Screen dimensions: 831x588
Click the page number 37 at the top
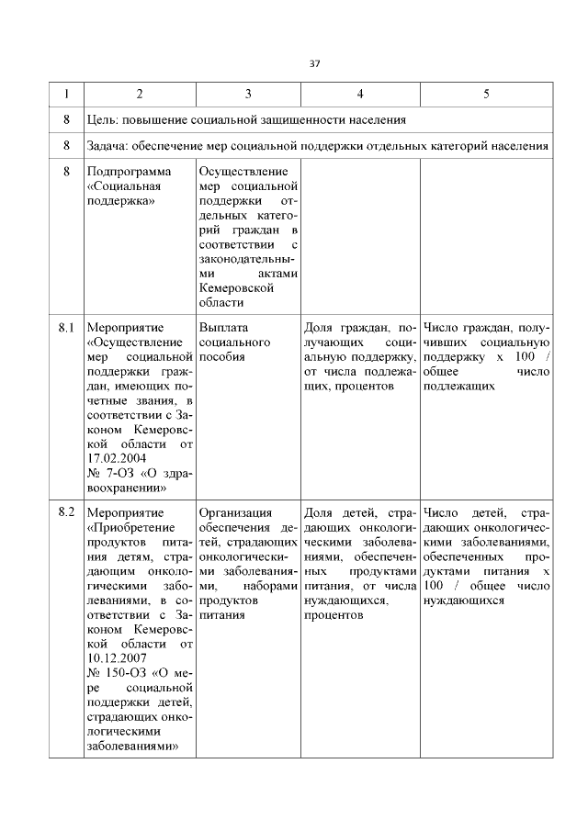tap(314, 63)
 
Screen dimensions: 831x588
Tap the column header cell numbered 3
tap(248, 95)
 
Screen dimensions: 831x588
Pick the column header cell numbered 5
tap(486, 95)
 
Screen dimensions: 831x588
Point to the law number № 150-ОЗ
tap(115, 673)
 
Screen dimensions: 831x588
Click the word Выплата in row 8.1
tap(224, 327)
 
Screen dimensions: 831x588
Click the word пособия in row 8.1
tap(221, 356)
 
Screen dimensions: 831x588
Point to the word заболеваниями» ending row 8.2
tap(131, 747)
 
